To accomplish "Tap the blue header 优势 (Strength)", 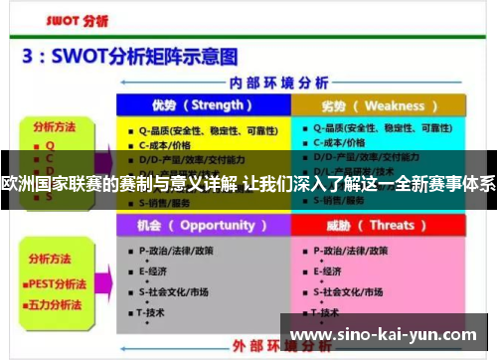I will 203,105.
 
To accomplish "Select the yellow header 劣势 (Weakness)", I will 379,105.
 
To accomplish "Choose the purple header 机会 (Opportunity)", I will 203,225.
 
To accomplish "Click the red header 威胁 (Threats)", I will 379,225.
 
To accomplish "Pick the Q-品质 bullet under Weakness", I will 368,128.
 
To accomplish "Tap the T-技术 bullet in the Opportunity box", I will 155,311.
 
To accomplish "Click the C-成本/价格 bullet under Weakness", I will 344,144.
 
